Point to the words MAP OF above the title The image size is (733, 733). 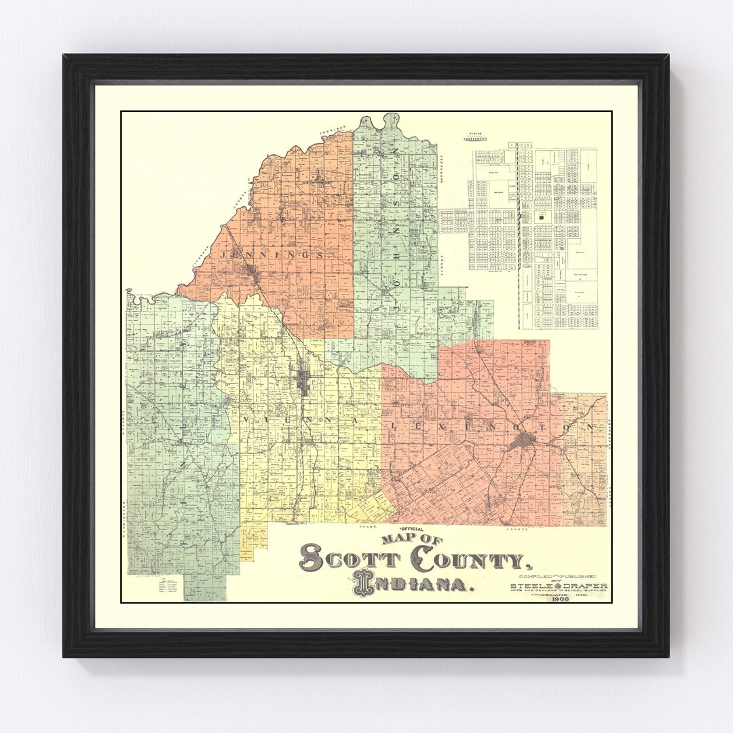point(411,539)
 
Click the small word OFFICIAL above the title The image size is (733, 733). point(412,528)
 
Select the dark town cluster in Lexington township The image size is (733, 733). point(523,443)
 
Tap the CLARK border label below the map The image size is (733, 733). point(367,527)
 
